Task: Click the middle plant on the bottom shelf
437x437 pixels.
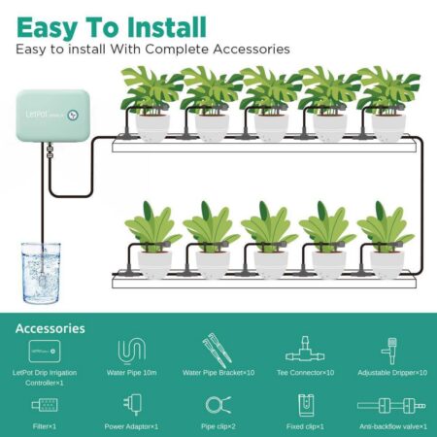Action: coord(269,239)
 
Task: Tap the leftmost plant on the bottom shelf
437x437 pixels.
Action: coord(152,239)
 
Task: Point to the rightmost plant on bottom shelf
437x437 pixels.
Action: coord(386,239)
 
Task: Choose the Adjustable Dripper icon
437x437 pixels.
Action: coord(391,351)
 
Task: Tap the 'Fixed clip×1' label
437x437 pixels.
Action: coord(303,426)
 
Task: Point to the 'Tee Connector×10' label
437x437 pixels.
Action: coord(304,372)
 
